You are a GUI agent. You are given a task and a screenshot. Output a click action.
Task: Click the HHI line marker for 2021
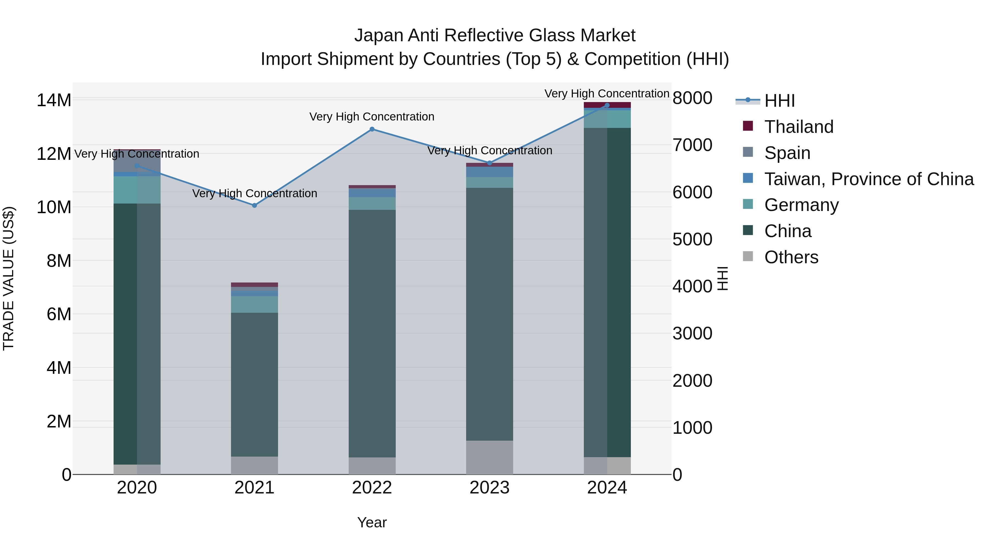pos(254,206)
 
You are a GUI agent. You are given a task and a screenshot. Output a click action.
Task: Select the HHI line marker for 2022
pos(372,130)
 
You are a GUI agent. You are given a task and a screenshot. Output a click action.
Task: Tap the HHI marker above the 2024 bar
pos(607,105)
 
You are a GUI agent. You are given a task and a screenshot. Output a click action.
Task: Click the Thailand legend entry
pos(799,127)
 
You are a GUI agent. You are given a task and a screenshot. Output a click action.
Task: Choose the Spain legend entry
pos(787,153)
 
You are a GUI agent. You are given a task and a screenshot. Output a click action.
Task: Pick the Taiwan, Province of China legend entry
pos(868,179)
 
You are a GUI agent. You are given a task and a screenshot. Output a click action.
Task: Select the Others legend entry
pos(791,257)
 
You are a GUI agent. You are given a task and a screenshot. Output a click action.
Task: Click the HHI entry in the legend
pos(779,101)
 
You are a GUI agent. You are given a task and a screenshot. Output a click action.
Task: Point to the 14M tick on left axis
pos(54,100)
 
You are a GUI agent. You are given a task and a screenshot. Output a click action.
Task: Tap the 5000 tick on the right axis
pos(692,240)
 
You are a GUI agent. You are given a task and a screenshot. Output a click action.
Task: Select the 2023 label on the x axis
pos(489,488)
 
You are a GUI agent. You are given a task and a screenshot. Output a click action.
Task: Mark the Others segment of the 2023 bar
pos(489,457)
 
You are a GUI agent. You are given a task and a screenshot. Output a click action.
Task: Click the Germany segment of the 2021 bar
pos(254,304)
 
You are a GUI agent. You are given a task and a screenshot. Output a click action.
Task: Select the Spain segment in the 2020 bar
pos(137,161)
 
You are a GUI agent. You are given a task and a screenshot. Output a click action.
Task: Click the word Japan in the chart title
pos(379,36)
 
